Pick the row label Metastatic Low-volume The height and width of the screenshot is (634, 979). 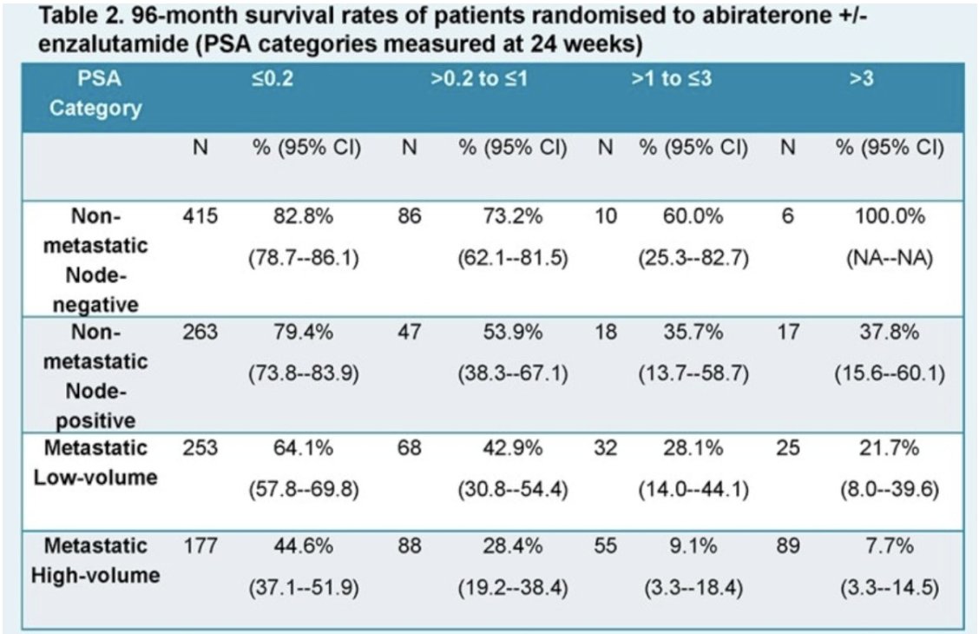click(x=95, y=462)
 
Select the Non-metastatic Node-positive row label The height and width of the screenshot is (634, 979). click(x=95, y=376)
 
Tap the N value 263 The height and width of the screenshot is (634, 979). click(x=199, y=334)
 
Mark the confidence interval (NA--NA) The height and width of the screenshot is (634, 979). click(x=887, y=259)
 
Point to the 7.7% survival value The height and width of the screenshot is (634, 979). click(x=887, y=547)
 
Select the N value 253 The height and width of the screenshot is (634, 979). click(x=199, y=448)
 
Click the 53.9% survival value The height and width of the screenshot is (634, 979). click(x=513, y=334)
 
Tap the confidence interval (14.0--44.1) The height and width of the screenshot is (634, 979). click(x=693, y=489)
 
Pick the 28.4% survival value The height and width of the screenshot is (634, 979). click(x=513, y=547)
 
